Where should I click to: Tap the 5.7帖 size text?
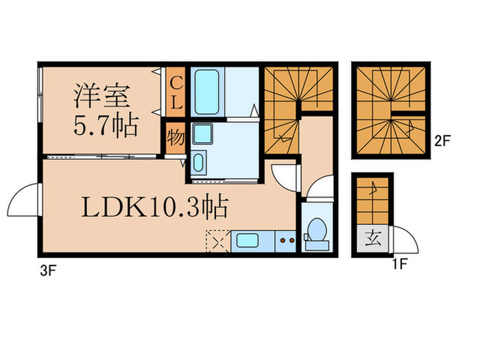click(x=105, y=125)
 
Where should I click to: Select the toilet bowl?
click(x=316, y=230)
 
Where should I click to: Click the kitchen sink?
click(x=245, y=241)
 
